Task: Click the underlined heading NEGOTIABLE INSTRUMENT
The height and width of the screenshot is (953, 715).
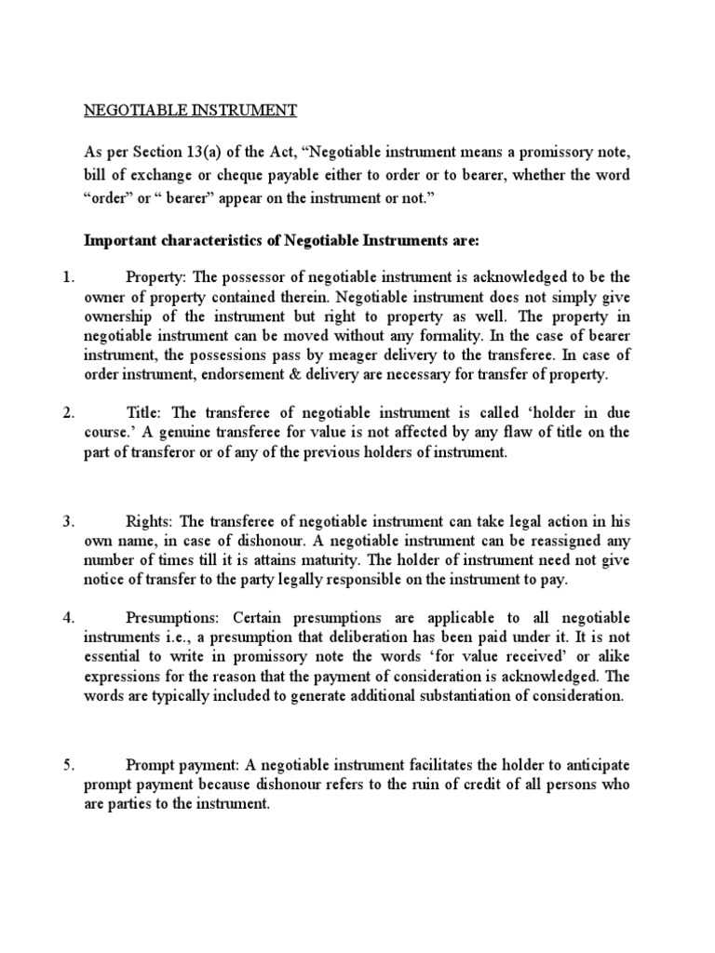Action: pyautogui.click(x=190, y=111)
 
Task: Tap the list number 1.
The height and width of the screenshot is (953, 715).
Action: pyautogui.click(x=67, y=277)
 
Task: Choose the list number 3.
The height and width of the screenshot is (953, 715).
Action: pyautogui.click(x=67, y=522)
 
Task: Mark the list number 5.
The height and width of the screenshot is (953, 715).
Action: pyautogui.click(x=67, y=765)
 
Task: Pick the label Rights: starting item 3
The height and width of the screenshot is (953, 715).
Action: pyautogui.click(x=149, y=522)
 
